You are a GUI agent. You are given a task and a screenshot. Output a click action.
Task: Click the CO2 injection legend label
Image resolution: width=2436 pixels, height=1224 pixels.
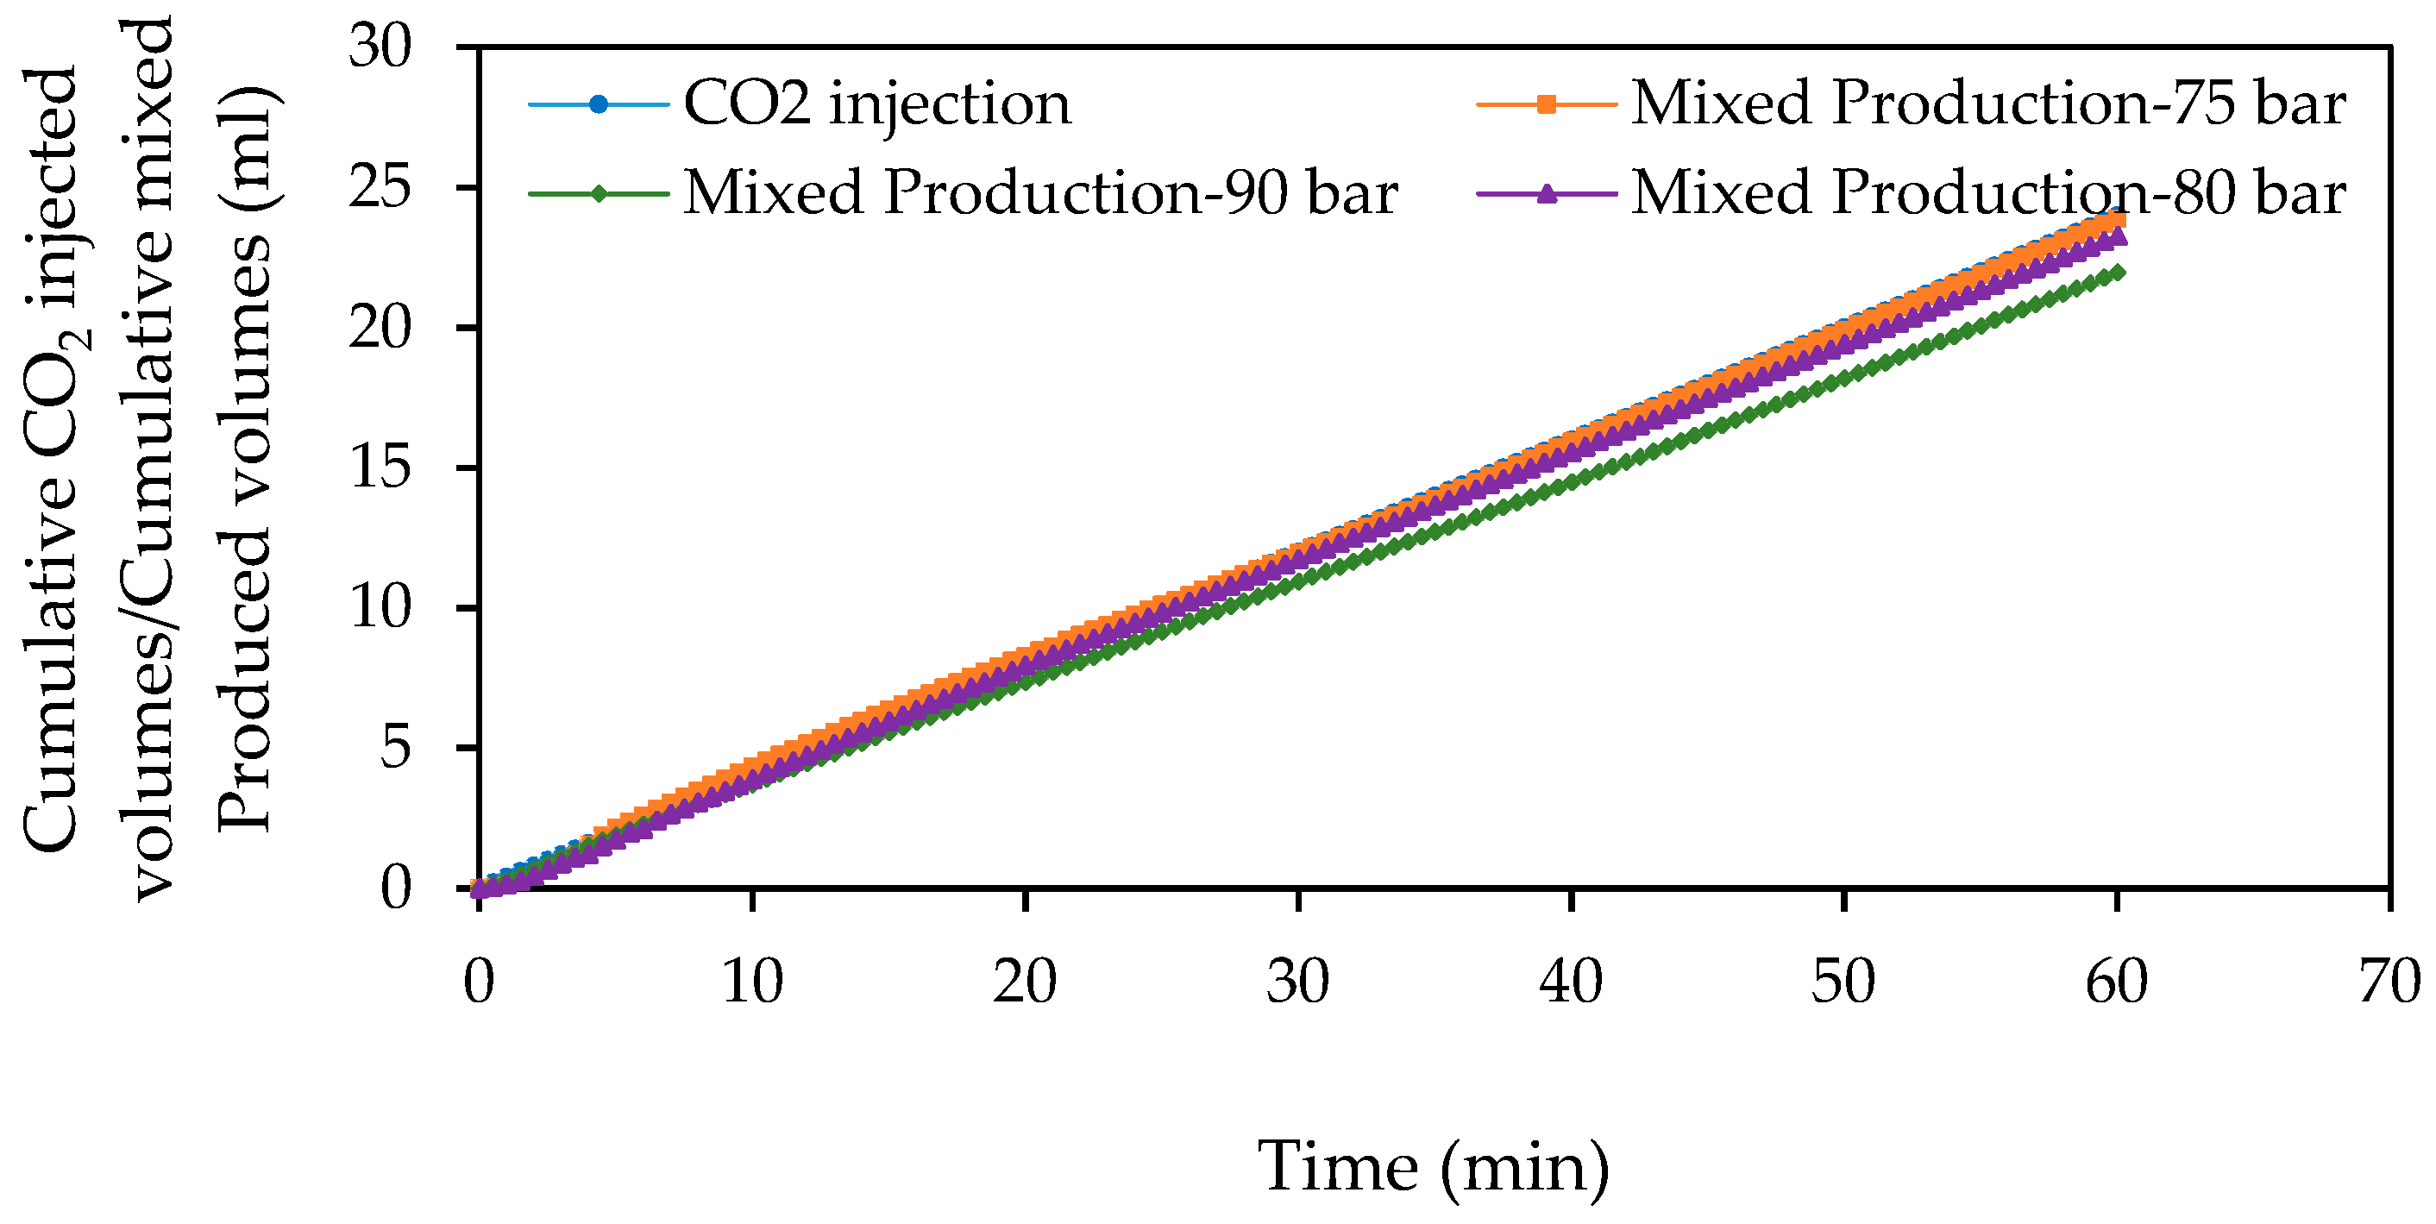(876, 104)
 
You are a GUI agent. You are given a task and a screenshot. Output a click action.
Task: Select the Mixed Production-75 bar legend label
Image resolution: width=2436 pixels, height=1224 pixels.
(1987, 104)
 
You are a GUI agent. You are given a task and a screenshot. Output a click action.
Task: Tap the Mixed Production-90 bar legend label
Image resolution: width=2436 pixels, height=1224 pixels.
(1040, 193)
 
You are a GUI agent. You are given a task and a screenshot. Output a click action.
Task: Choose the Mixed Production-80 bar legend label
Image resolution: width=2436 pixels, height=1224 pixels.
(1987, 193)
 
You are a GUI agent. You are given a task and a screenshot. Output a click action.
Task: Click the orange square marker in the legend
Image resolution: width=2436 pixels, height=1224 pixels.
(1546, 105)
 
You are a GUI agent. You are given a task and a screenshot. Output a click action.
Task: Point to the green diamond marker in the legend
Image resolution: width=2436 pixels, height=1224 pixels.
(599, 195)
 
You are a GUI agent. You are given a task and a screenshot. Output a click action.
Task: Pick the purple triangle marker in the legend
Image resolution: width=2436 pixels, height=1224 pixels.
(1546, 195)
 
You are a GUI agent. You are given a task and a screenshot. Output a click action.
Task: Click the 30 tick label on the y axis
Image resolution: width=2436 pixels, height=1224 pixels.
(380, 47)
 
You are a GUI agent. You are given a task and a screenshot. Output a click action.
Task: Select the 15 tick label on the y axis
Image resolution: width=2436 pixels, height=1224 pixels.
(380, 468)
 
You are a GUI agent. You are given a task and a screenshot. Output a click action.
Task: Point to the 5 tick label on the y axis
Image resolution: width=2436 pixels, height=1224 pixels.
(396, 748)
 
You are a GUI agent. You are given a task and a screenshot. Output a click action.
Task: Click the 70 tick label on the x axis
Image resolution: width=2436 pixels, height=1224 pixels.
(2389, 982)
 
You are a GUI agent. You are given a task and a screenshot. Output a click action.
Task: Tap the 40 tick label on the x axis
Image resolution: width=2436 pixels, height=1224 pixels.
(1570, 982)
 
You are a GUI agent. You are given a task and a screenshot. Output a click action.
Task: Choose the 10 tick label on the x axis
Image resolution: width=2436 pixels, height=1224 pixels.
(752, 982)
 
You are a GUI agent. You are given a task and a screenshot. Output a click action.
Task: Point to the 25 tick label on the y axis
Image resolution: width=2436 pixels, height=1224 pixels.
(380, 187)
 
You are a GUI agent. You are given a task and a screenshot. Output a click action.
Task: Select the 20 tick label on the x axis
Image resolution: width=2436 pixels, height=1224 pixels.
(1024, 982)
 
